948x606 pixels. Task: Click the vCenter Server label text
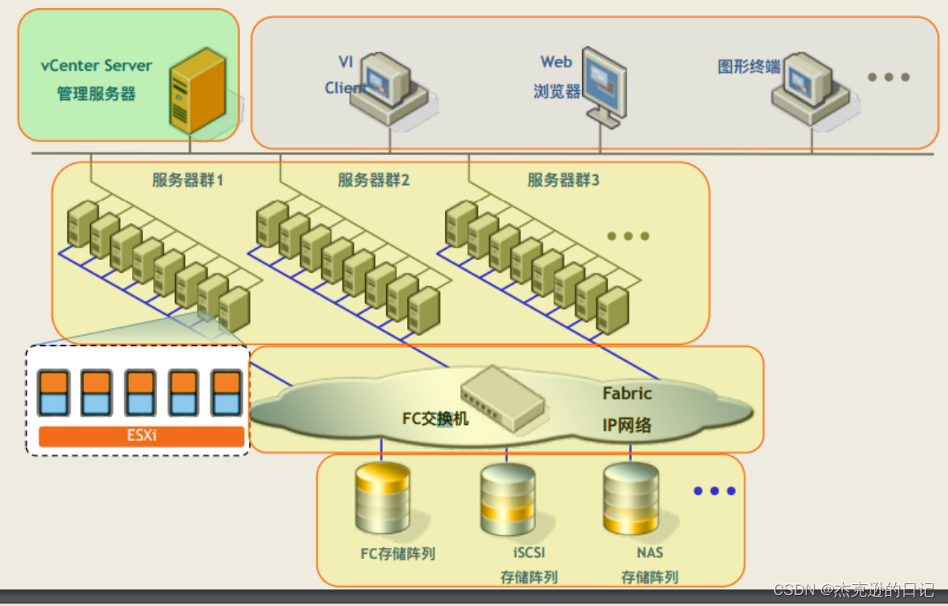click(x=97, y=66)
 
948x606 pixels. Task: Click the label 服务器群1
click(x=188, y=179)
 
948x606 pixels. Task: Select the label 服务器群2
click(x=373, y=179)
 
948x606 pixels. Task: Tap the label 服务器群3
click(x=563, y=179)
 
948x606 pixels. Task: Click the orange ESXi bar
click(x=141, y=437)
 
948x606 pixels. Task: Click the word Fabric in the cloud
click(x=627, y=393)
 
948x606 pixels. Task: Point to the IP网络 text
click(x=627, y=425)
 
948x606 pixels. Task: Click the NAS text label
click(x=649, y=553)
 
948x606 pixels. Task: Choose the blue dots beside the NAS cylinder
click(x=714, y=491)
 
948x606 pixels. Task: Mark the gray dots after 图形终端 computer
click(x=888, y=77)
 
